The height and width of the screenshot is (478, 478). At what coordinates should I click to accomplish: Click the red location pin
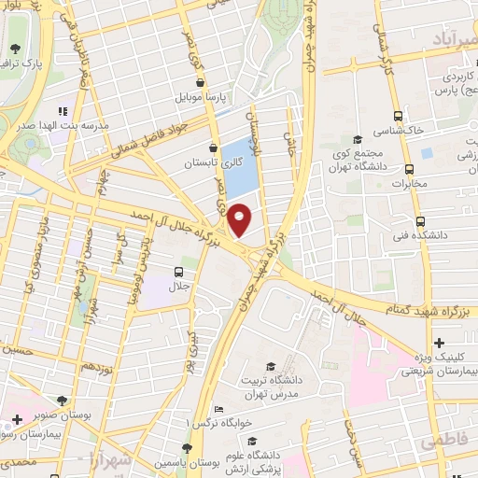(x=241, y=220)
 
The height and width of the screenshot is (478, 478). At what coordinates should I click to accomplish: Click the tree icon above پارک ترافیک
(x=15, y=49)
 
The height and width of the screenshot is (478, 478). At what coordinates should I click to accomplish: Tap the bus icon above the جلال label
(x=177, y=273)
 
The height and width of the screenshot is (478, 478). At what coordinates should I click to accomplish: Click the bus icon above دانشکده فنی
(x=419, y=222)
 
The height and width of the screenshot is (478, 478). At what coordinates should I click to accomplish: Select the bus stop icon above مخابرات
(x=409, y=169)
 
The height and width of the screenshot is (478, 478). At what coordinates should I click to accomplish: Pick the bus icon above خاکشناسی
(x=399, y=116)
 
